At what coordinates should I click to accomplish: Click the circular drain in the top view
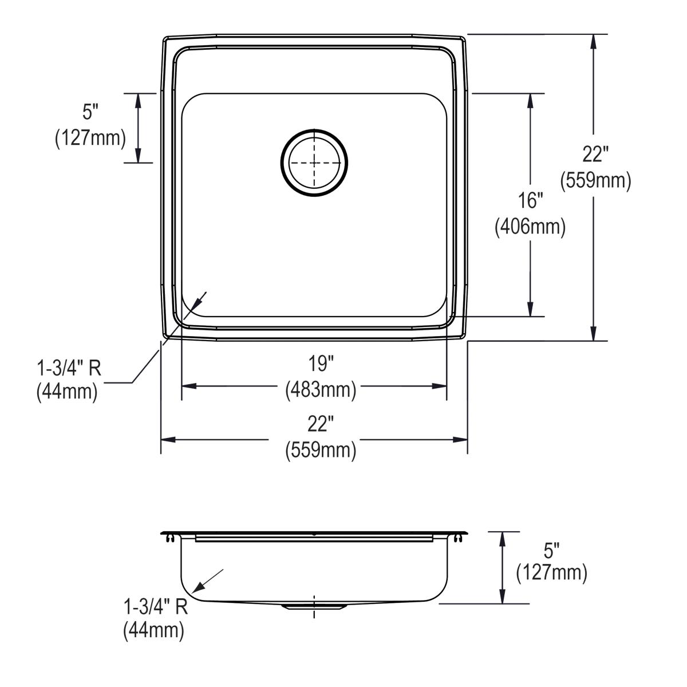pos(314,163)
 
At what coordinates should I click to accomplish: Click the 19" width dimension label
pos(321,364)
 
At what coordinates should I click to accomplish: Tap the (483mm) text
pos(321,390)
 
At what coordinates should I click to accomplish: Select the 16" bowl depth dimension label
pos(530,200)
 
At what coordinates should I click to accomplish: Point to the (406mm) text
pos(530,227)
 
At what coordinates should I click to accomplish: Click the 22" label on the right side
pos(595,154)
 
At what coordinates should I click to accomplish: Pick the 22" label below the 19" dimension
pos(321,424)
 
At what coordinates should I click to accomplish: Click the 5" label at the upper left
pos(90,112)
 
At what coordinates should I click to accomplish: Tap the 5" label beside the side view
pos(551,552)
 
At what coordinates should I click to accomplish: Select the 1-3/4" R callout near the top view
pos(69,368)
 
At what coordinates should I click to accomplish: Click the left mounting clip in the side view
pos(170,538)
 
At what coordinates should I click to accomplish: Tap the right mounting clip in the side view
pos(459,538)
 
